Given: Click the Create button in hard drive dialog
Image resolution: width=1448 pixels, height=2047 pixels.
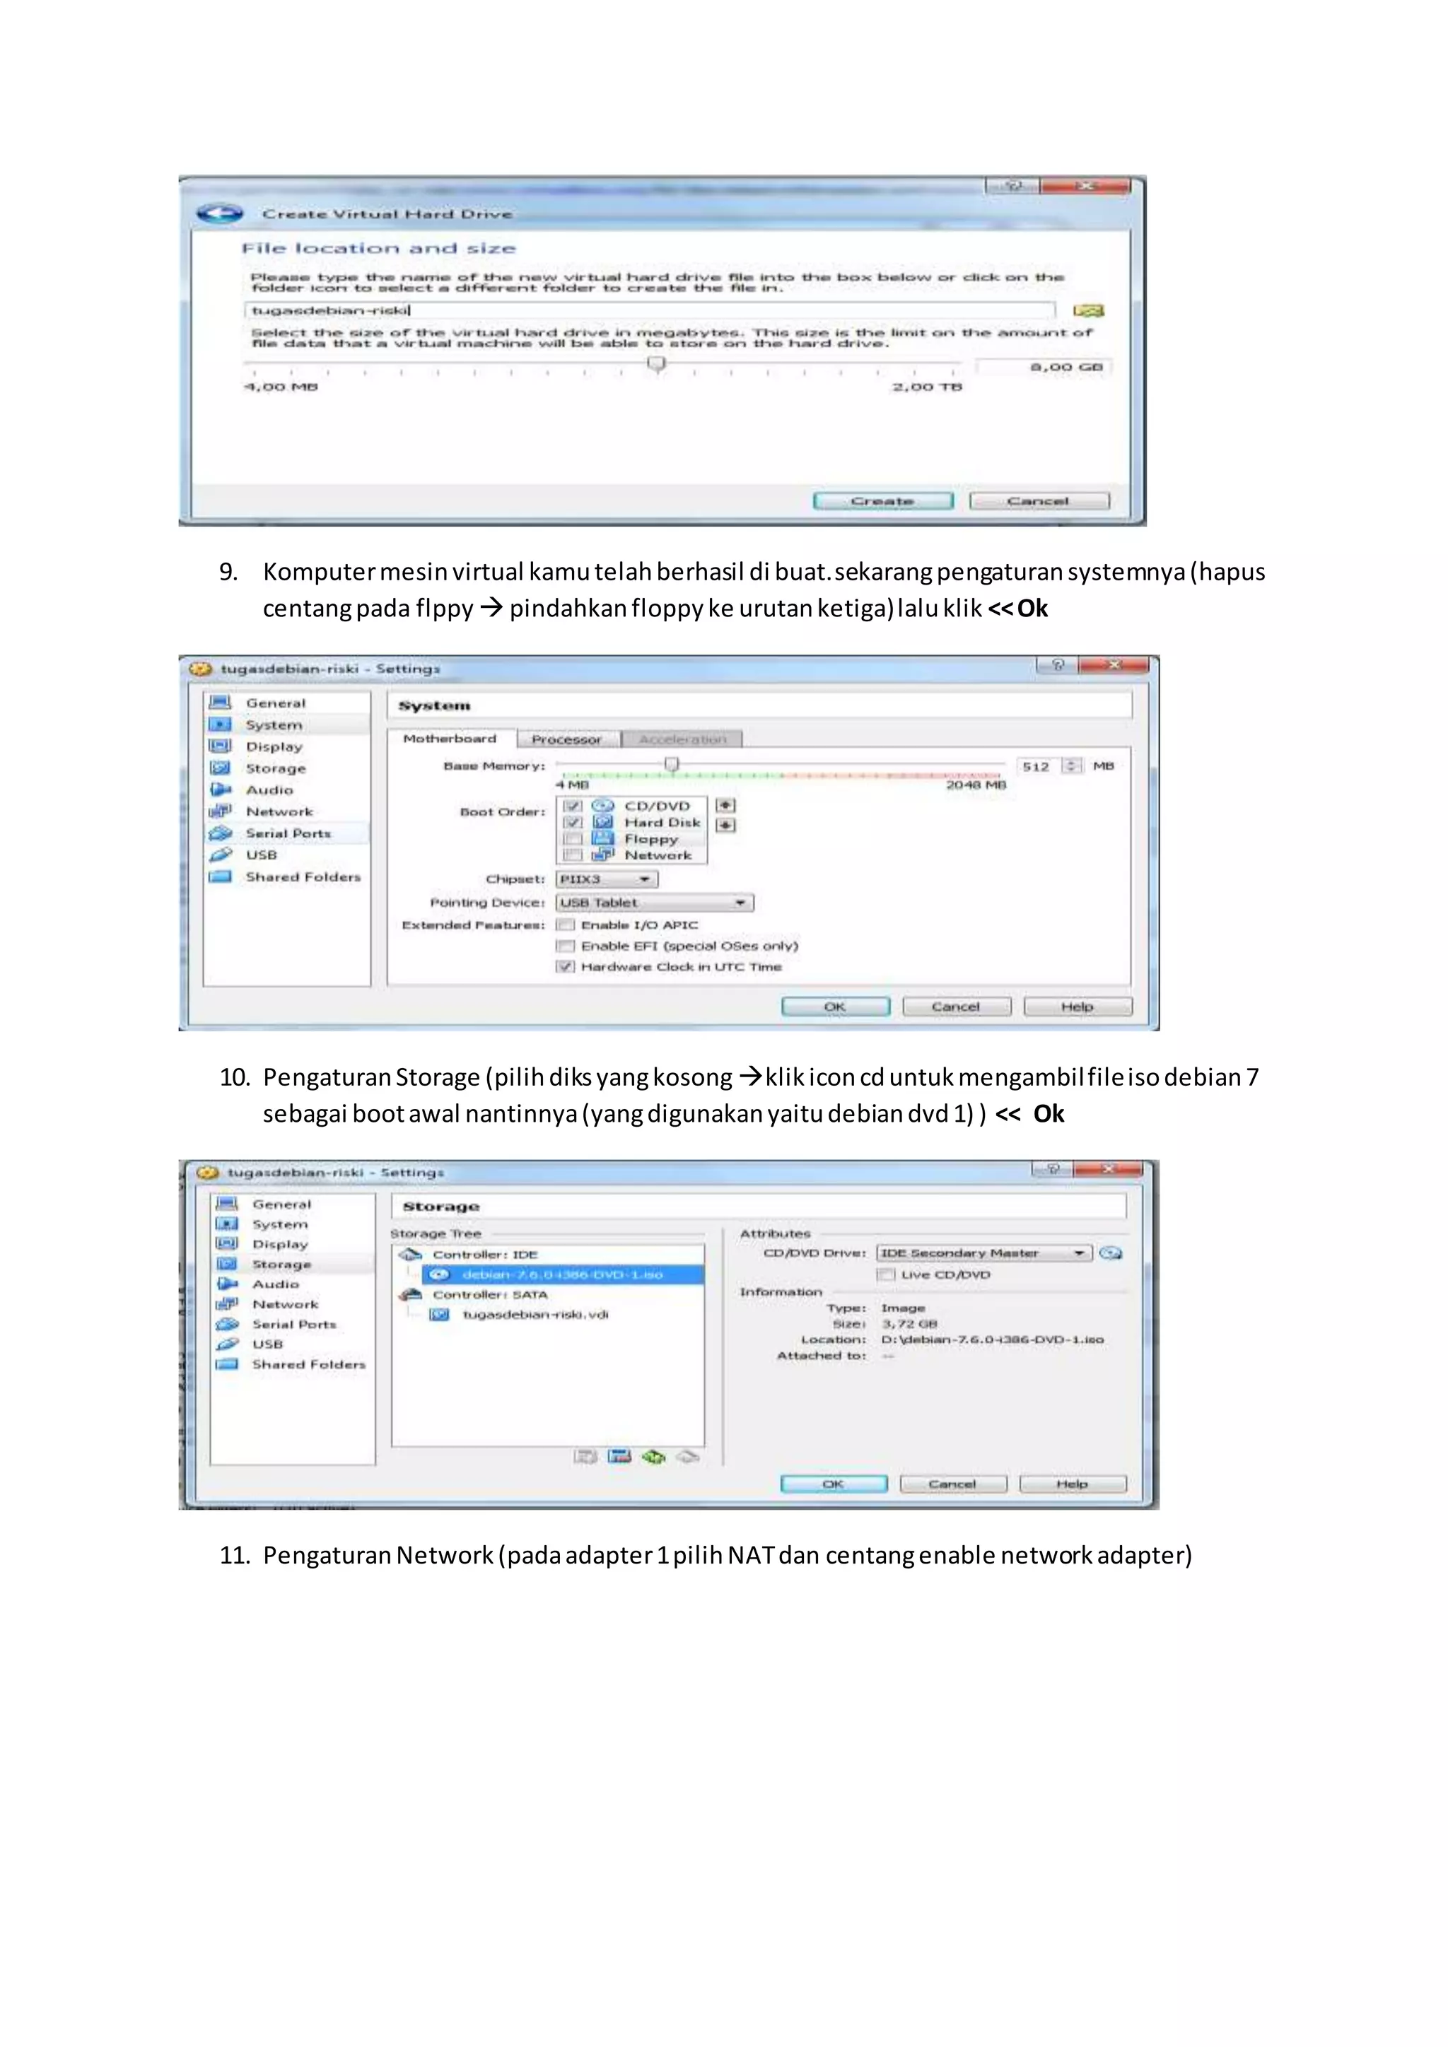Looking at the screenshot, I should coord(882,501).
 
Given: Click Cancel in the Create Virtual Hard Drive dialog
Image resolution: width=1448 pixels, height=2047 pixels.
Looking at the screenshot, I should coord(1039,501).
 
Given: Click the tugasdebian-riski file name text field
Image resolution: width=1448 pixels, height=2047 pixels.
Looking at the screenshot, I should coord(648,310).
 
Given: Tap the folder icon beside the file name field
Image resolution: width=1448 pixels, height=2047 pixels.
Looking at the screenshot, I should coord(1089,310).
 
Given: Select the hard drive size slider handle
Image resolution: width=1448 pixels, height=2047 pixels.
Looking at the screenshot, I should coord(657,364).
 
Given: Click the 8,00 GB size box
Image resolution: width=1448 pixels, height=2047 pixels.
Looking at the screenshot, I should coord(1043,366).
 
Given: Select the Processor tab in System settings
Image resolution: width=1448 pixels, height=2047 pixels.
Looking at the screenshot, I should coord(566,739).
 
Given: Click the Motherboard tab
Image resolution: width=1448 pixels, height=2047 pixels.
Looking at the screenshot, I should coord(450,738).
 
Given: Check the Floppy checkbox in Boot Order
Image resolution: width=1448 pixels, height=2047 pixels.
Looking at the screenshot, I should coord(573,839).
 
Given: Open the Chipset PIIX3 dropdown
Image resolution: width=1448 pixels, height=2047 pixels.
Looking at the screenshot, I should coord(607,879).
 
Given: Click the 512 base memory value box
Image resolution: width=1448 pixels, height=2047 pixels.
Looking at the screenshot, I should coord(1038,766).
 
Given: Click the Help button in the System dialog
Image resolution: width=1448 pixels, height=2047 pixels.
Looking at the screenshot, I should coord(1077,1007).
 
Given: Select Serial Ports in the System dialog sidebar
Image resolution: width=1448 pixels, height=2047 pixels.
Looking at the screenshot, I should coord(287,833).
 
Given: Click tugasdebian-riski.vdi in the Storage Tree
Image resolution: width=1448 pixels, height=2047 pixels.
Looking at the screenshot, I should coord(535,1314).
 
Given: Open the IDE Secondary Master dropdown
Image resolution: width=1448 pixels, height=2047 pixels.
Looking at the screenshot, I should coord(983,1253).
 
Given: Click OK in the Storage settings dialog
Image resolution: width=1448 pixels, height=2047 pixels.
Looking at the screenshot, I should coord(833,1484).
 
